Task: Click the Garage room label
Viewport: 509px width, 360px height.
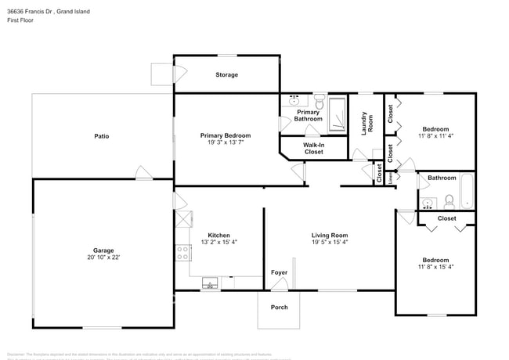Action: tap(103, 250)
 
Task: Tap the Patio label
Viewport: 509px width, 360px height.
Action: tap(102, 136)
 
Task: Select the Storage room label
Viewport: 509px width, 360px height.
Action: tap(227, 75)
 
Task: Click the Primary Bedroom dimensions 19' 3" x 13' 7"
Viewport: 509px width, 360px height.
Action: tap(226, 143)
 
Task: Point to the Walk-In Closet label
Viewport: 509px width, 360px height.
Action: tap(314, 148)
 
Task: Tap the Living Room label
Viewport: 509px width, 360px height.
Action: tap(330, 235)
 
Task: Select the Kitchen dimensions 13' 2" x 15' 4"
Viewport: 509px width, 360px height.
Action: tap(218, 242)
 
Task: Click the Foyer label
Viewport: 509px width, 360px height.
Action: tap(279, 272)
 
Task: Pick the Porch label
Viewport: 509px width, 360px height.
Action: tap(279, 307)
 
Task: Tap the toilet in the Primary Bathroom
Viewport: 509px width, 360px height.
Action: tap(319, 100)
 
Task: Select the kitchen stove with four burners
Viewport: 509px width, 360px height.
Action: tap(182, 252)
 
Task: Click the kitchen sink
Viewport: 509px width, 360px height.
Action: tap(210, 283)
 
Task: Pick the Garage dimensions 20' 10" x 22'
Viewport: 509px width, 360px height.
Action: tap(103, 257)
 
